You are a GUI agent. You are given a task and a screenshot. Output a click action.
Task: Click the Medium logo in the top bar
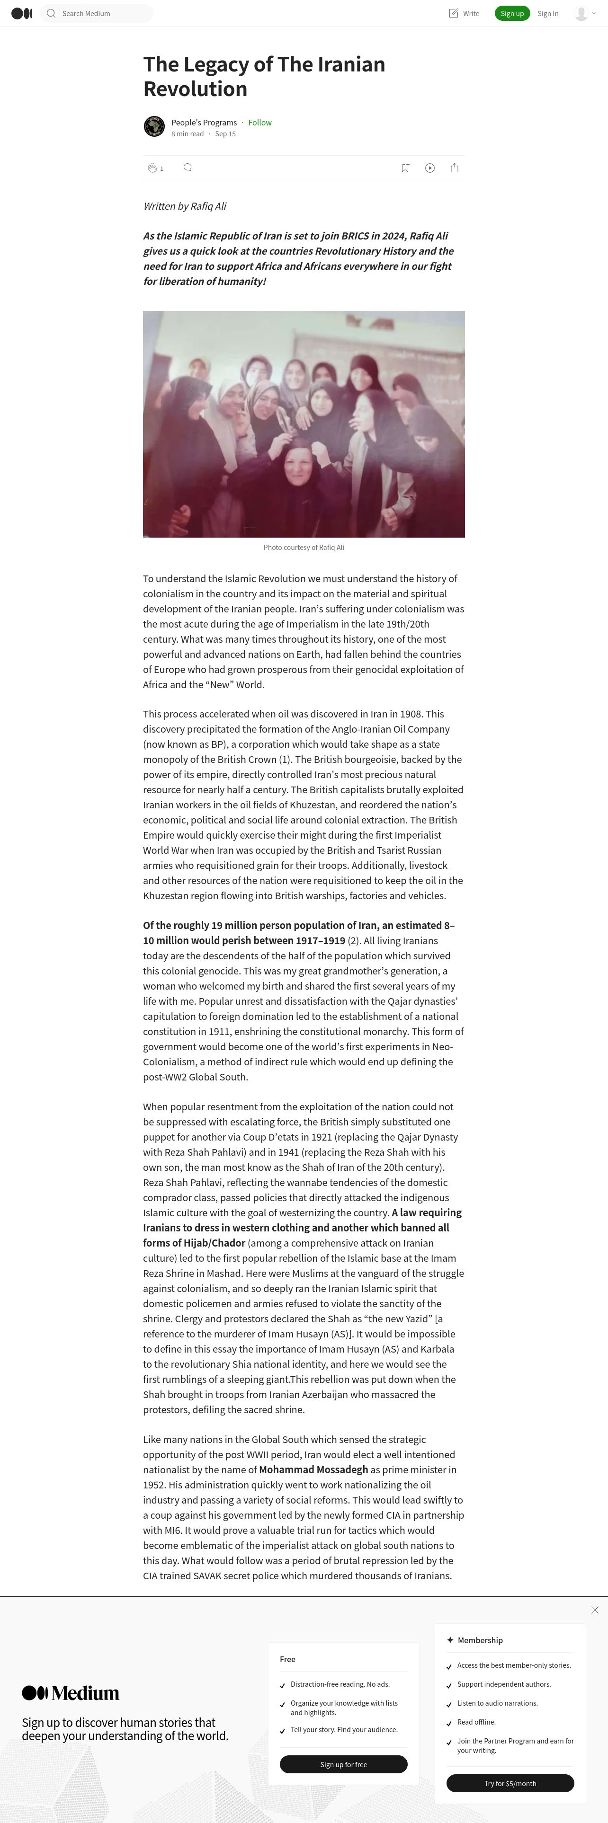22,13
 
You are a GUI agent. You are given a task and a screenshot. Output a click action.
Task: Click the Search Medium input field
99,13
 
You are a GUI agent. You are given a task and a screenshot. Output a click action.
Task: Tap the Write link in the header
465,13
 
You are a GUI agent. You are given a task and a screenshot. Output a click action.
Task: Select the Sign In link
548,13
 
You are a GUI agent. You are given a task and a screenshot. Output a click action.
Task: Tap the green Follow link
260,123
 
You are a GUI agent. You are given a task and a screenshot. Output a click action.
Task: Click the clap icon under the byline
152,168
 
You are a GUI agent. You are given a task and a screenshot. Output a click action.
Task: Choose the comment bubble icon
188,167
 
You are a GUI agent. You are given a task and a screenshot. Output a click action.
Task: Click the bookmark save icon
405,168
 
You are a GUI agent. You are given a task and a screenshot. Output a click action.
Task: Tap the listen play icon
429,168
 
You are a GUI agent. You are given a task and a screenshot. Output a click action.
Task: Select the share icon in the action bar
455,168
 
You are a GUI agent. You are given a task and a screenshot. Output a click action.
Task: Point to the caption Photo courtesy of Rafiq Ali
304,548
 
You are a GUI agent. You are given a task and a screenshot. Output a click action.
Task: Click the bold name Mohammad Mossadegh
313,1470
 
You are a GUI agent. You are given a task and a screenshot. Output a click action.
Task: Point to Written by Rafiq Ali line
185,206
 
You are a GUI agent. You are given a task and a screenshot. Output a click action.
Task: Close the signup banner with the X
595,1610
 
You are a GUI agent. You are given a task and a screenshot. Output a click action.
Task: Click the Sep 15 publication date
225,134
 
